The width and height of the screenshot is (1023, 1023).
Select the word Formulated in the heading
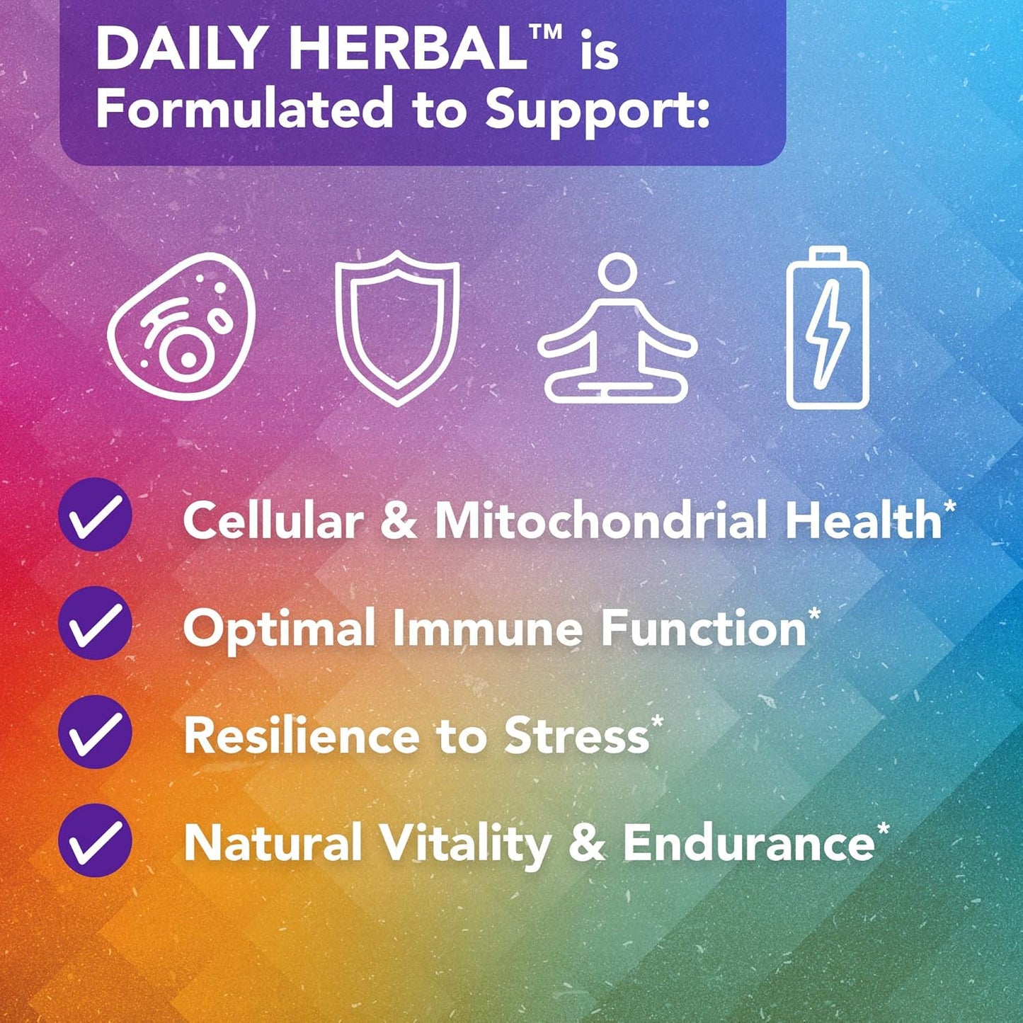tap(244, 109)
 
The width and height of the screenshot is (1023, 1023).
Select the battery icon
tap(828, 327)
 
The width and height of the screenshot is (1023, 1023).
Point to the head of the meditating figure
tap(617, 273)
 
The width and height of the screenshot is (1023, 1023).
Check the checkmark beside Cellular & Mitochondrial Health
tap(95, 515)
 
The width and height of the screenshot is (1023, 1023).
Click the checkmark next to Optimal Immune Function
tap(95, 623)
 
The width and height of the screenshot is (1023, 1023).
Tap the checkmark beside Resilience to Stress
tap(95, 731)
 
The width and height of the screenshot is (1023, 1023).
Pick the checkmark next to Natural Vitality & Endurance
tap(95, 840)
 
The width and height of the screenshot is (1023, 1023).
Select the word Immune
tap(487, 628)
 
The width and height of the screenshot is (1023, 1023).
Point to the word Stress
tap(577, 736)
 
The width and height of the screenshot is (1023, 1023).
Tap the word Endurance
tap(749, 844)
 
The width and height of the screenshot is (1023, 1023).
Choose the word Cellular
tap(273, 520)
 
